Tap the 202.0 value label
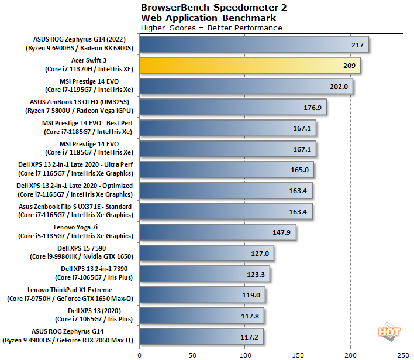pyautogui.click(x=339, y=87)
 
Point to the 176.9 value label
pyautogui.click(x=312, y=107)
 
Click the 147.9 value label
pyautogui.click(x=281, y=232)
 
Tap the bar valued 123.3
pyautogui.click(x=204, y=273)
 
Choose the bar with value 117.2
pyautogui.click(x=201, y=337)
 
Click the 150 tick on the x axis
pyautogui.click(x=298, y=354)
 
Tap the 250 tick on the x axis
pyautogui.click(x=403, y=354)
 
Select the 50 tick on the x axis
pyautogui.click(x=192, y=354)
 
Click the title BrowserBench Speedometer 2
pyautogui.click(x=214, y=8)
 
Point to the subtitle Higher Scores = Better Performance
pyautogui.click(x=212, y=28)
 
